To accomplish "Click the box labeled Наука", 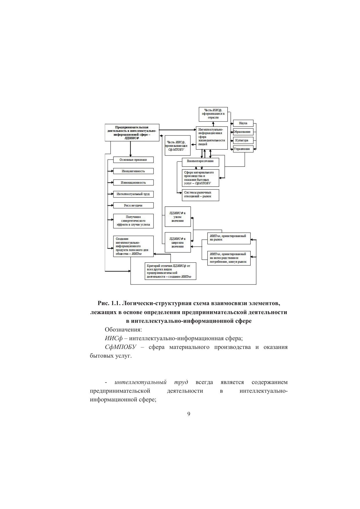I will click(x=243, y=123).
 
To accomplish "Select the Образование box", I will click(x=243, y=132).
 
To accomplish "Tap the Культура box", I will click(x=243, y=140).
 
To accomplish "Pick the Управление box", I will click(x=243, y=149).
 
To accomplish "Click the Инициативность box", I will click(x=133, y=171).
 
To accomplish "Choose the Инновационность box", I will click(x=133, y=182).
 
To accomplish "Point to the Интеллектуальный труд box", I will click(x=133, y=194).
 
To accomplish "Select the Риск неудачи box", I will click(x=133, y=205).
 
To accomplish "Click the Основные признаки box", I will click(x=133, y=160).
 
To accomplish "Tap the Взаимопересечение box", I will click(x=200, y=161).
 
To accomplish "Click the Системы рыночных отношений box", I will click(x=200, y=195).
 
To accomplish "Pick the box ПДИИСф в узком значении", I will click(x=178, y=217).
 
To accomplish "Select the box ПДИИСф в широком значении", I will click(x=178, y=242).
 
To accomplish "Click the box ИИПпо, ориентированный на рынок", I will click(x=229, y=238).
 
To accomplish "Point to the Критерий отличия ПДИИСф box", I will click(x=170, y=271).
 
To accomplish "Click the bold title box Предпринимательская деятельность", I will click(x=132, y=133).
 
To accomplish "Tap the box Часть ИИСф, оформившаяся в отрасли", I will click(x=213, y=114).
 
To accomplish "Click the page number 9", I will click(x=189, y=414).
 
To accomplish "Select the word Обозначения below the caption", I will click(x=123, y=330).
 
